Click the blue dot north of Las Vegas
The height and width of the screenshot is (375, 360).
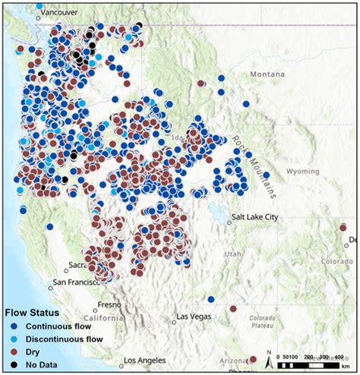pyautogui.click(x=210, y=299)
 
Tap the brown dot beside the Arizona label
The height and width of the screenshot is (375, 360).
pyautogui.click(x=254, y=359)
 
